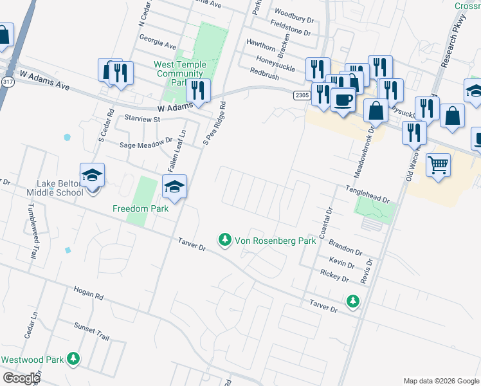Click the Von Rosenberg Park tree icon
click(x=224, y=241)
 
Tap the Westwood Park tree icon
click(x=75, y=359)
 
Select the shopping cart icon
click(x=438, y=164)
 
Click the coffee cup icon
click(x=343, y=100)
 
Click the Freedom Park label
click(x=140, y=208)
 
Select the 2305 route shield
click(x=302, y=95)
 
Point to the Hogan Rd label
click(x=89, y=293)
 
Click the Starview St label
click(x=142, y=119)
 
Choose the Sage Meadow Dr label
click(x=147, y=144)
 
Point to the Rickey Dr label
click(x=334, y=276)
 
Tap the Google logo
click(x=21, y=378)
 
